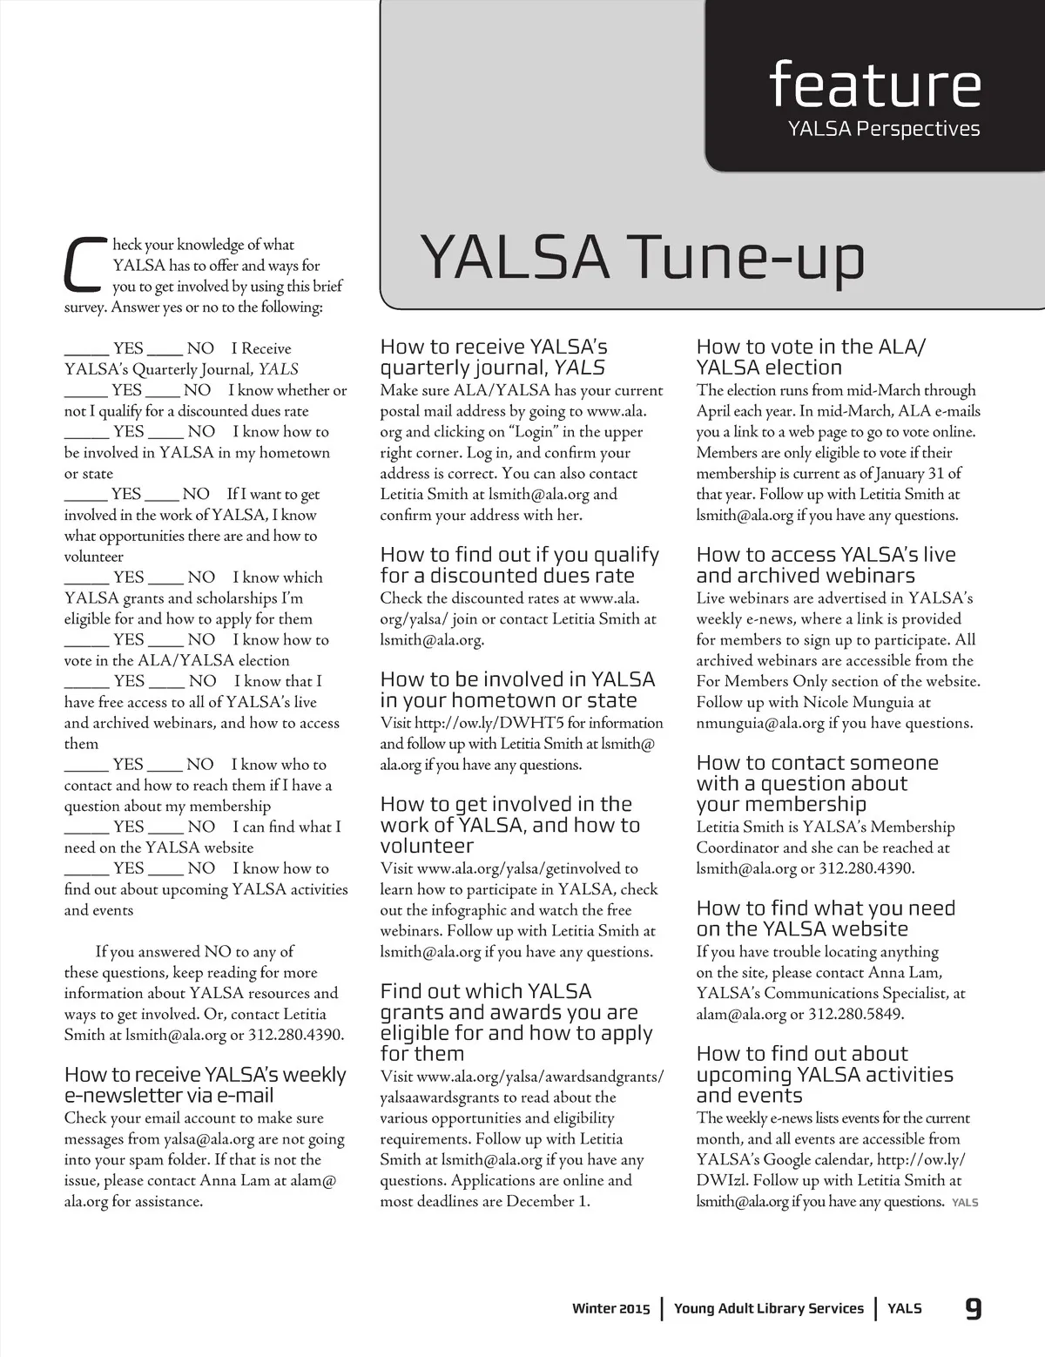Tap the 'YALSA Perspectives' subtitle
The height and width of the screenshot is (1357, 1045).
(x=883, y=129)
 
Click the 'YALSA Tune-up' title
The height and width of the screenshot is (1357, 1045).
(x=643, y=258)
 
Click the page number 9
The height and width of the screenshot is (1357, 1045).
(x=973, y=1307)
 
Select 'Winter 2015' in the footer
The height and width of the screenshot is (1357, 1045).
(x=610, y=1308)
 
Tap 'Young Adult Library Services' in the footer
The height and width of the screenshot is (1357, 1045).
(x=769, y=1308)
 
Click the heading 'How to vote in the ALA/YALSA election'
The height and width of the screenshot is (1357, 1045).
(x=810, y=357)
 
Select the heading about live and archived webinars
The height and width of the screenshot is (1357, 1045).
(x=825, y=564)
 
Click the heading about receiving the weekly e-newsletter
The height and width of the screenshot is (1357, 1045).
(x=205, y=1084)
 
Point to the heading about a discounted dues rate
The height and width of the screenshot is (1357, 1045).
(x=519, y=564)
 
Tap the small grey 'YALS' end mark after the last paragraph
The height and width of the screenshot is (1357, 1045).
(x=965, y=1203)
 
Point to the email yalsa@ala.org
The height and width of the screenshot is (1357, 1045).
(x=208, y=1138)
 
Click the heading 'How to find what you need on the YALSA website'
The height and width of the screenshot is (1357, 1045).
(x=825, y=918)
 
